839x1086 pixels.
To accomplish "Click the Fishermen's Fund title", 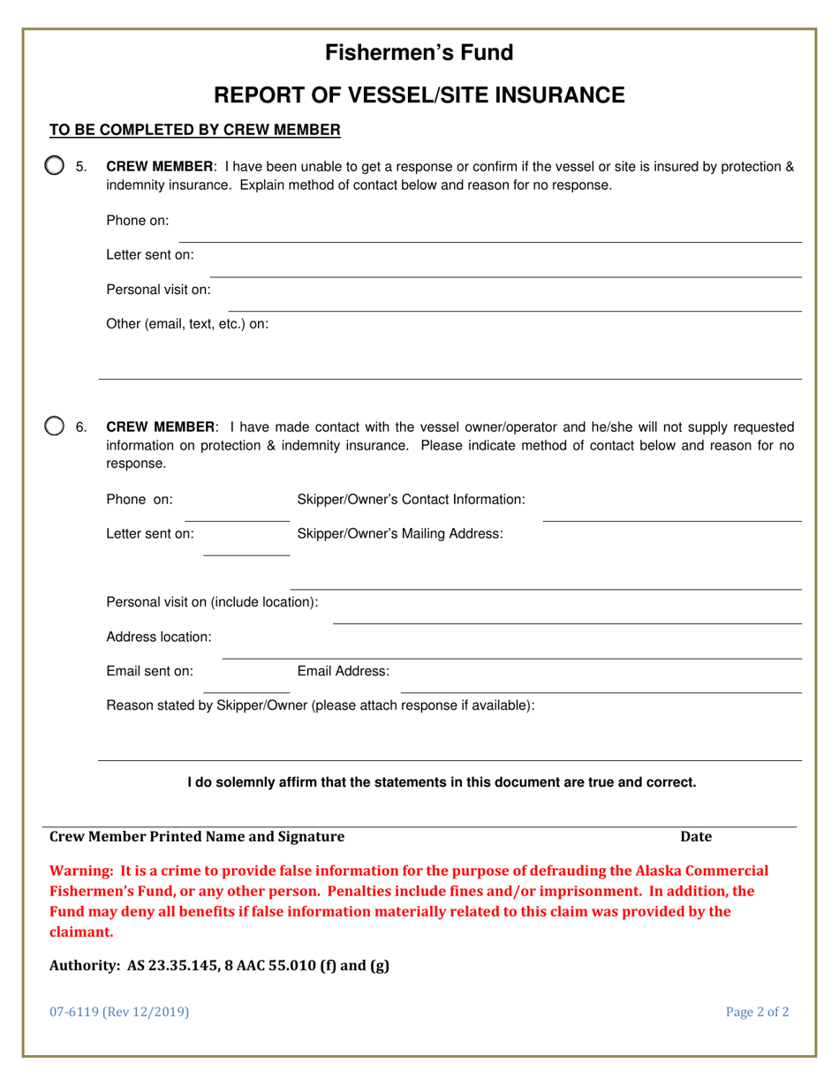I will pos(419,53).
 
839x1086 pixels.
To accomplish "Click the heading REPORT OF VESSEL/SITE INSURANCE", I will pos(419,95).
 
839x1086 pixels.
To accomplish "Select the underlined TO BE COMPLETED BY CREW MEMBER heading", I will pos(194,131).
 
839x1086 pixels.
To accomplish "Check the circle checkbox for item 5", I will pos(55,166).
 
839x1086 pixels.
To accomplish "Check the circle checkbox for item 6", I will pos(55,427).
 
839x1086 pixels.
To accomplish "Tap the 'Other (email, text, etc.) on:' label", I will pos(187,323).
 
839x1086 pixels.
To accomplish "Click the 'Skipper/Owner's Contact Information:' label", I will pos(411,500).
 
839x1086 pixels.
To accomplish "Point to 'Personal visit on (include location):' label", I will pos(212,602).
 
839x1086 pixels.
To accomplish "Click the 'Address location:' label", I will pos(158,637).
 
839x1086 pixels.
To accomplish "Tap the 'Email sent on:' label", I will pos(149,671).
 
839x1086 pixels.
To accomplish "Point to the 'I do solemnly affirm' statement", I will pos(442,781).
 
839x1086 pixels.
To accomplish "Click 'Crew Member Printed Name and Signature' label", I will pos(197,836).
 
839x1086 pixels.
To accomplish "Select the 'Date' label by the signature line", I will pos(695,836).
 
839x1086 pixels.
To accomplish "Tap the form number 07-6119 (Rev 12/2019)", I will pos(118,1013).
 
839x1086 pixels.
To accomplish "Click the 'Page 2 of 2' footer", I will pos(757,1013).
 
